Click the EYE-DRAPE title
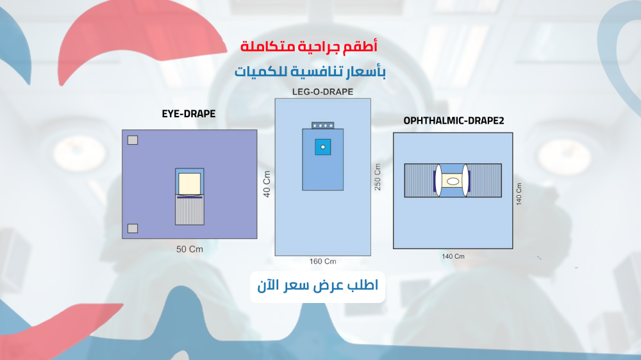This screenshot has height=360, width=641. (188, 113)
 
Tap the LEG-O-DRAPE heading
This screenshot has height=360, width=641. (322, 92)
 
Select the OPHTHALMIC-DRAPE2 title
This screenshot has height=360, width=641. (453, 120)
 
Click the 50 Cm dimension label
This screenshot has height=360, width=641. (189, 249)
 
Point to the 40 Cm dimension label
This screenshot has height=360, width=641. (267, 184)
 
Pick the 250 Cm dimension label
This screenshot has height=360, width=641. (378, 177)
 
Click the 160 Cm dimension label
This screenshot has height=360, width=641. (322, 261)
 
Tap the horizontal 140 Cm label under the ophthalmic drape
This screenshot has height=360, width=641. (453, 256)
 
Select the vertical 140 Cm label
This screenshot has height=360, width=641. (519, 193)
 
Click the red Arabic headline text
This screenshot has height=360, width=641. (309, 46)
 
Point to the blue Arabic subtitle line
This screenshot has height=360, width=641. (310, 72)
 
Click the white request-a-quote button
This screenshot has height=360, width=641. (318, 287)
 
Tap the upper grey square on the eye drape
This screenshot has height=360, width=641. (133, 140)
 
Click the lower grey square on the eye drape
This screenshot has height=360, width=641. (133, 229)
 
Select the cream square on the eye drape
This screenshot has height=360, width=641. (190, 183)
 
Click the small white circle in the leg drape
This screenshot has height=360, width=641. (323, 147)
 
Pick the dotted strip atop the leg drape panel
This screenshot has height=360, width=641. (323, 126)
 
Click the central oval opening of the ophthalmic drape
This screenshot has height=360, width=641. (453, 181)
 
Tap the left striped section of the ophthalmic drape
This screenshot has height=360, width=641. (419, 181)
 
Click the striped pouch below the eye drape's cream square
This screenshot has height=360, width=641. (190, 210)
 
